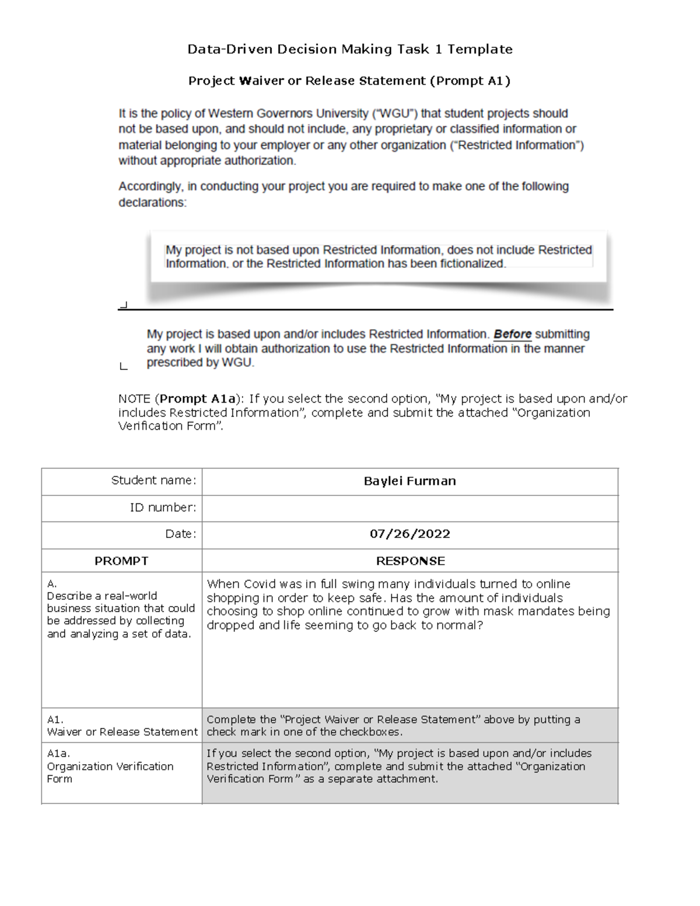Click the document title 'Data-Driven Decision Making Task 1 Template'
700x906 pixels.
tap(349, 50)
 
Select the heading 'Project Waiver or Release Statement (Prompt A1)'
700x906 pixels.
tap(349, 81)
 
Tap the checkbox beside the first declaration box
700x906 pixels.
tap(123, 305)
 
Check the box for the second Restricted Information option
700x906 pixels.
tap(123, 366)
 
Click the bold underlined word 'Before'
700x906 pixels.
tap(512, 335)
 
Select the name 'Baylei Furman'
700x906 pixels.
tap(409, 481)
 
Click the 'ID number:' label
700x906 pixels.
tap(163, 508)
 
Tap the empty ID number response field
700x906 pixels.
tap(409, 508)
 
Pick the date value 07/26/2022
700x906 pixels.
tap(409, 534)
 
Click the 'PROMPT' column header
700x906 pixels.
tap(121, 561)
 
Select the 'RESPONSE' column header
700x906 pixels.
tap(410, 561)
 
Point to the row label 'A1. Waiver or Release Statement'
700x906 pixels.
tap(122, 726)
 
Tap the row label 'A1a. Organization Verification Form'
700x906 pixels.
tap(110, 766)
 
